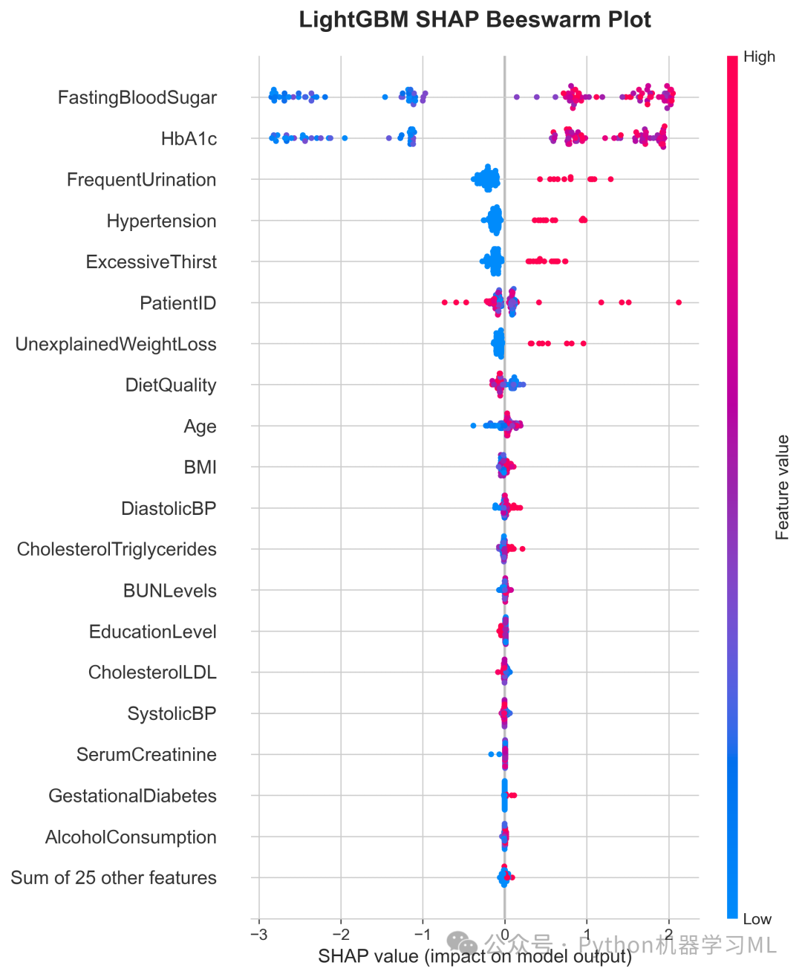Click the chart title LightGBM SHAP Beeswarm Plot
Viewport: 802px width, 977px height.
[x=475, y=20]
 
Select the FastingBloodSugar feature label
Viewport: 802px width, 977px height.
[x=137, y=98]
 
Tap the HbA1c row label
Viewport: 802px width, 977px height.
[x=189, y=138]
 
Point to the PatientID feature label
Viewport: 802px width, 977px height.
[x=178, y=303]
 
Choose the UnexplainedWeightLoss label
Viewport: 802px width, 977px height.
[x=116, y=344]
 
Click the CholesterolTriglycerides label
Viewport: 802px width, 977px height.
[x=117, y=549]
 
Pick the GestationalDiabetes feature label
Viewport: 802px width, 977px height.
[x=132, y=796]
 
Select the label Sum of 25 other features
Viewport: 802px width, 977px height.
[x=114, y=878]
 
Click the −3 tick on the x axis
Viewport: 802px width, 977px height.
[x=259, y=935]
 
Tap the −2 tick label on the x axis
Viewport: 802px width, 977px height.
[x=341, y=935]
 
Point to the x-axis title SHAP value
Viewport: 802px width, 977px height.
[x=368, y=956]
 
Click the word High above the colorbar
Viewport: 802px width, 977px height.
[x=759, y=57]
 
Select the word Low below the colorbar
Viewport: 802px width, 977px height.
[x=757, y=919]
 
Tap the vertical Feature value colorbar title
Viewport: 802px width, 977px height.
[x=782, y=487]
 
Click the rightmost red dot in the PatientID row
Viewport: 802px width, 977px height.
[x=679, y=302]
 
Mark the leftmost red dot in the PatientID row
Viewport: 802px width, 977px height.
[x=445, y=302]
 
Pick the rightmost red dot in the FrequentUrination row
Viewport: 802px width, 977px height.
[x=610, y=179]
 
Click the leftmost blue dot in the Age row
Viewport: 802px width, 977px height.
[x=473, y=426]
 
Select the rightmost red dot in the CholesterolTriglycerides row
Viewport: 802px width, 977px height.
[x=522, y=549]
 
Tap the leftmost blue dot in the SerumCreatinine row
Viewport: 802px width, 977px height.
[x=491, y=754]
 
